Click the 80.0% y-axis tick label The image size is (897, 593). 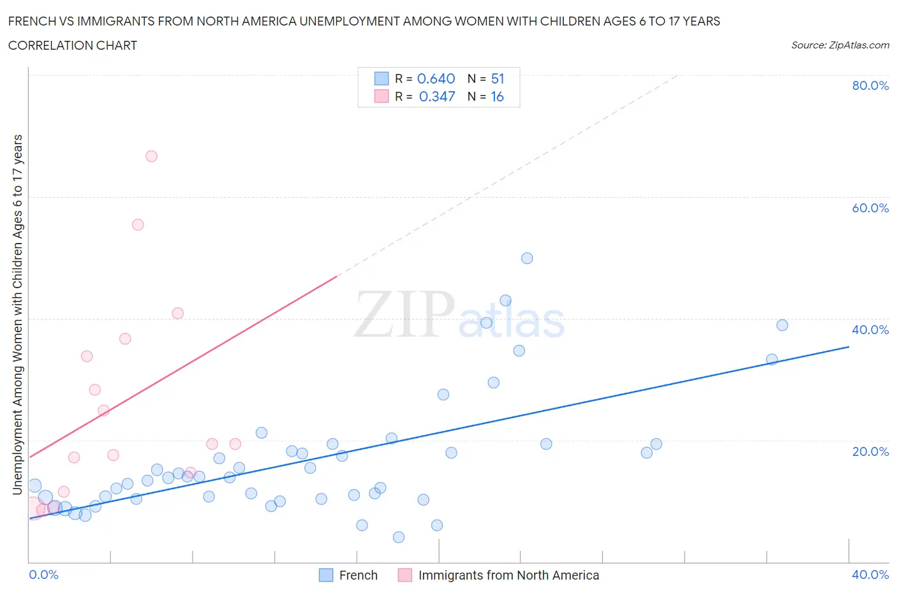870,86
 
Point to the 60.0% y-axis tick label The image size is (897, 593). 870,208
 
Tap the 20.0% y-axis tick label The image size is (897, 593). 870,451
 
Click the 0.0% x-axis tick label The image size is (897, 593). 44,575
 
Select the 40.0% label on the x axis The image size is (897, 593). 870,575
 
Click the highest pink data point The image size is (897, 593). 151,156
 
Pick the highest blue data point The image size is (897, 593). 527,258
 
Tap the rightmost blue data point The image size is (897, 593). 782,325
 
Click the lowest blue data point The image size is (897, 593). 399,537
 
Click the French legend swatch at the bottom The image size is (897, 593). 326,575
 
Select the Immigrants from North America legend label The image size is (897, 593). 508,575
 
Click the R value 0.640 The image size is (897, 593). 436,79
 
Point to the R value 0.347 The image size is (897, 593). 437,97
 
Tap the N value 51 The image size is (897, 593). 498,79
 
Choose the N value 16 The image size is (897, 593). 497,97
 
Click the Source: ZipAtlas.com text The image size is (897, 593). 840,45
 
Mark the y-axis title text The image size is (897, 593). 17,314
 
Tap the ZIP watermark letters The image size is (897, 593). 404,314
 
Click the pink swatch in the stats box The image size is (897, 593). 382,97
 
